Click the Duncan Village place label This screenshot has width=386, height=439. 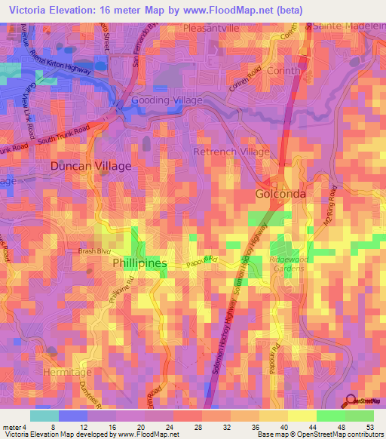coord(90,165)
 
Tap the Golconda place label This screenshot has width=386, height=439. coord(280,194)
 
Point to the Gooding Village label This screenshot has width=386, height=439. coord(167,100)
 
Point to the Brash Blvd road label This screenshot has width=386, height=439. coord(94,251)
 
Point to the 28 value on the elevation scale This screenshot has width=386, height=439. coord(198,428)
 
